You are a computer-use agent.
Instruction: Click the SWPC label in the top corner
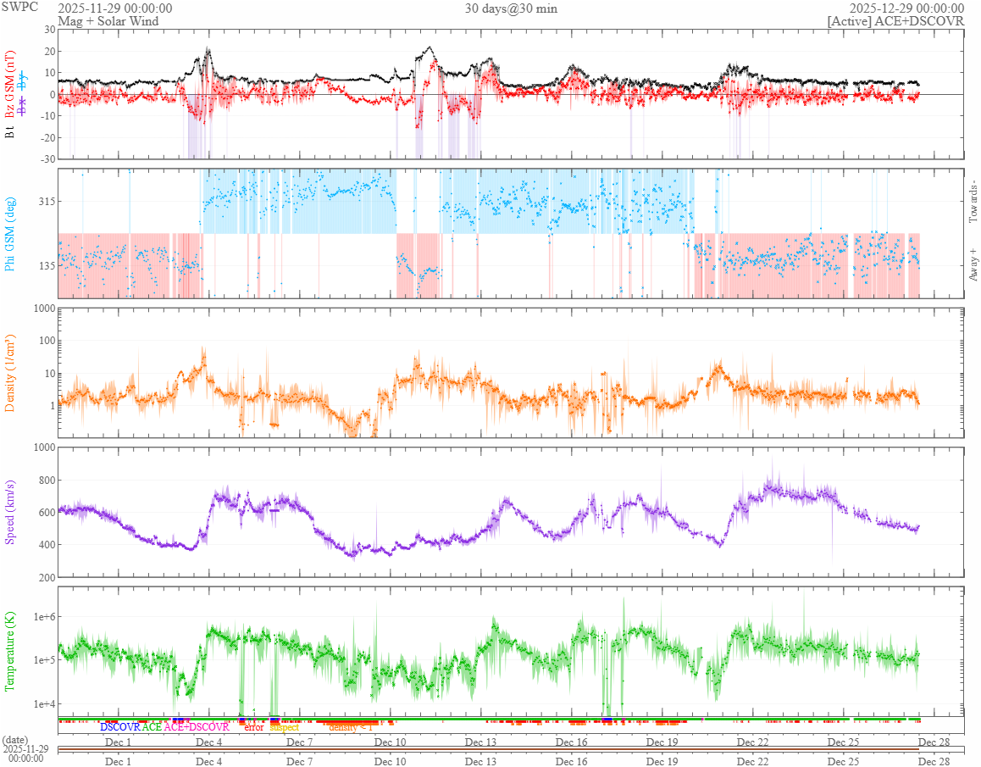click(x=16, y=8)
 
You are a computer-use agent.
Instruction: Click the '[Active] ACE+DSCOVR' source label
click(x=895, y=20)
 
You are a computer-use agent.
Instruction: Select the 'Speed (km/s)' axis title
click(x=11, y=512)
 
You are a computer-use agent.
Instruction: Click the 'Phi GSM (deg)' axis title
click(x=11, y=233)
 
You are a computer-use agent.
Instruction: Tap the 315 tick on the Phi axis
click(x=42, y=201)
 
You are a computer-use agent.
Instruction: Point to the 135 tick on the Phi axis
click(x=42, y=265)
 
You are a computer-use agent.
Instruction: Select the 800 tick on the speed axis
click(x=42, y=481)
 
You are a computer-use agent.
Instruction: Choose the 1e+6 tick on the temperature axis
click(x=39, y=616)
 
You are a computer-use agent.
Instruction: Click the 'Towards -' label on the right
click(x=973, y=203)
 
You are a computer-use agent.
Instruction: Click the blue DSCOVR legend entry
click(x=120, y=727)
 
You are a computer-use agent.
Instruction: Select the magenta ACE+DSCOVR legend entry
click(x=197, y=727)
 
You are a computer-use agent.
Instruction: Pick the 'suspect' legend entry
click(x=285, y=727)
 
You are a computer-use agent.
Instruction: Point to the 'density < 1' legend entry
click(x=350, y=727)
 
